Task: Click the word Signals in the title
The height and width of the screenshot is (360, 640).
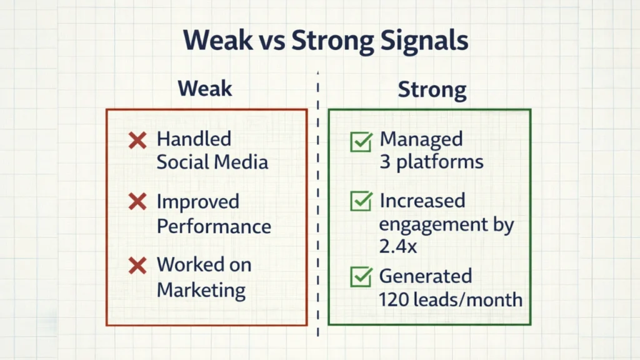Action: pos(416,41)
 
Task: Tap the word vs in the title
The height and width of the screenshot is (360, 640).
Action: pos(271,41)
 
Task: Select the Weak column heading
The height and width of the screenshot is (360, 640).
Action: pos(204,88)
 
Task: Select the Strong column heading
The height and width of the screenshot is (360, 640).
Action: pos(432,89)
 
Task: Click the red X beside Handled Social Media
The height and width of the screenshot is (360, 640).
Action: pos(137,140)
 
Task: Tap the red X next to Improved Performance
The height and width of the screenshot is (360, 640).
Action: pos(137,202)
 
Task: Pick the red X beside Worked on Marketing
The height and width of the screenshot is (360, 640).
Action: pos(137,266)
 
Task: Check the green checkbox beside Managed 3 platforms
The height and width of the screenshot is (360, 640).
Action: pos(361,141)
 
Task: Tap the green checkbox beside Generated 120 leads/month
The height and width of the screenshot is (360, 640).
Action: pos(361,277)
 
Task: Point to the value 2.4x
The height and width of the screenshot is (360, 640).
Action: pos(397,247)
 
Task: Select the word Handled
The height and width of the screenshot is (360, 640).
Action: pos(194,139)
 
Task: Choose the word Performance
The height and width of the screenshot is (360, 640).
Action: pos(214,226)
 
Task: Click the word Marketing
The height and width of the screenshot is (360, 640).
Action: pos(201,290)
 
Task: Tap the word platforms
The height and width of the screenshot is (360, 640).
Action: pos(440,162)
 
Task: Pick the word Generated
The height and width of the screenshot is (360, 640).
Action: pos(425,276)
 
